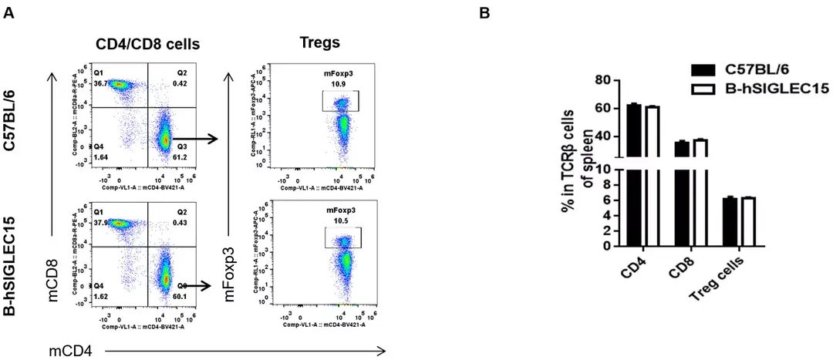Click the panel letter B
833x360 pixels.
click(x=484, y=13)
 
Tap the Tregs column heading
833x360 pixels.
click(x=319, y=42)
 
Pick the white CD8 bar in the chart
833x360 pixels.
click(x=700, y=193)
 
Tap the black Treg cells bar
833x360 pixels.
click(x=729, y=222)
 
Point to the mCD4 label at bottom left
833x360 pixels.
click(x=71, y=351)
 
